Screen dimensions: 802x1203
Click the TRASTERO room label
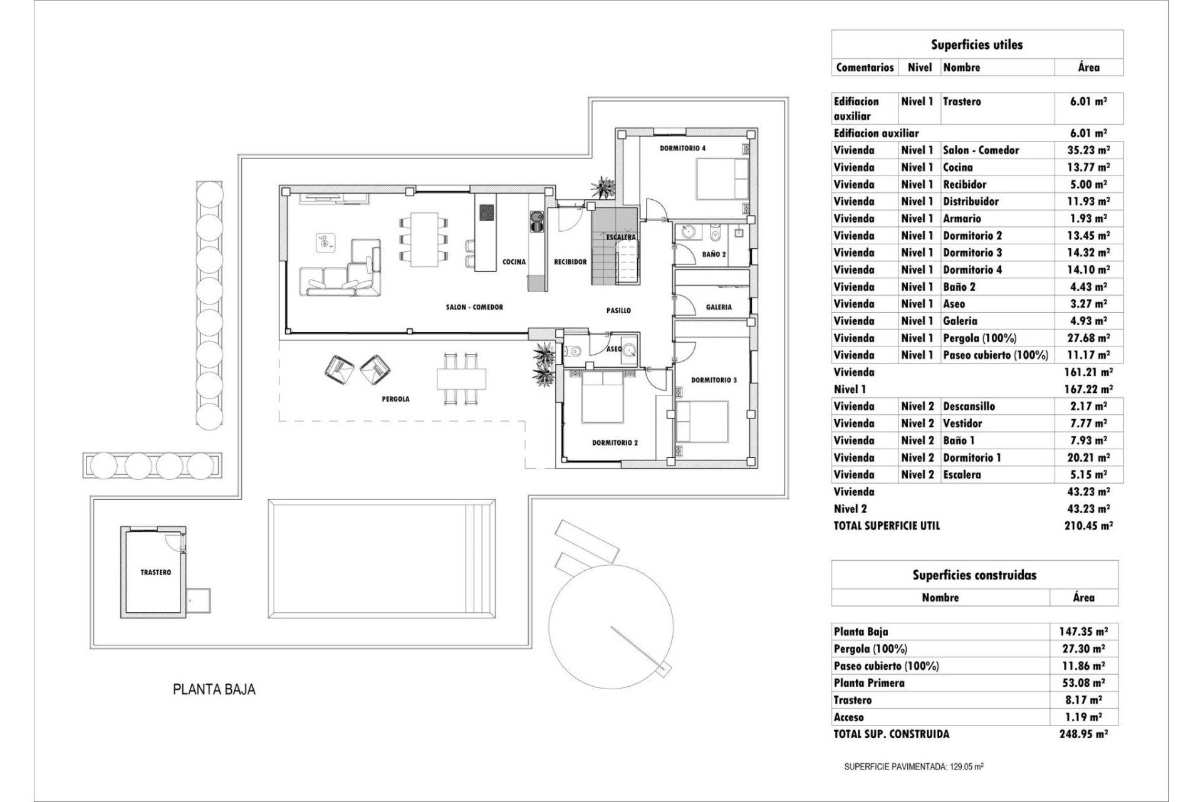[155, 572]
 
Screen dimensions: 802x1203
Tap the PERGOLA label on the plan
[395, 399]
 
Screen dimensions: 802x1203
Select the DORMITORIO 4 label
[682, 148]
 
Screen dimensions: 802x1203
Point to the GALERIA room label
[719, 307]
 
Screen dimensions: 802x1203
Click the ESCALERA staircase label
[620, 237]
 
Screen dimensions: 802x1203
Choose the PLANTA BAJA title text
[214, 690]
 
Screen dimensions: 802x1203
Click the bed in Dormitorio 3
[702, 422]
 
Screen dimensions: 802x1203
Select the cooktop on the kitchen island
[486, 213]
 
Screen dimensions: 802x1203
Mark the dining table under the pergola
[462, 378]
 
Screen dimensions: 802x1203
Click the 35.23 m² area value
[1088, 150]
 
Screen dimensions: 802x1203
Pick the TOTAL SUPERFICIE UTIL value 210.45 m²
[1088, 526]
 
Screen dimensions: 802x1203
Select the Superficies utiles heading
[976, 44]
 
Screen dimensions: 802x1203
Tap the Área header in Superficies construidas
[1083, 598]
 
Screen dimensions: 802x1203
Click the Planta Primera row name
[869, 683]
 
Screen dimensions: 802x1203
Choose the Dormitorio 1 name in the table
[972, 457]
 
